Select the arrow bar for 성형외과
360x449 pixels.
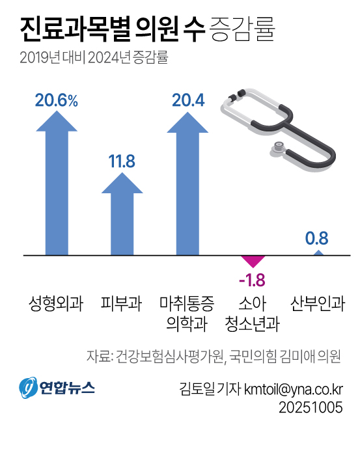pyautogui.click(x=57, y=189)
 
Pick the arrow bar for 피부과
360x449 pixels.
pyautogui.click(x=122, y=218)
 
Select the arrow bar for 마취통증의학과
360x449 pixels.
pyautogui.click(x=188, y=189)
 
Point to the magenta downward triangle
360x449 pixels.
pyautogui.click(x=253, y=262)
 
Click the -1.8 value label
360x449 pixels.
pyautogui.click(x=253, y=280)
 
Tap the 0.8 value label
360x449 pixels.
pyautogui.click(x=317, y=238)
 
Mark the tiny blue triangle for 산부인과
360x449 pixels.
pyautogui.click(x=317, y=253)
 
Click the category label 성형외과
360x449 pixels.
pyautogui.click(x=57, y=303)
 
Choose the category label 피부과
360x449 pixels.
pyautogui.click(x=122, y=303)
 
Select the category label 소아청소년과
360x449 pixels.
pyautogui.click(x=253, y=313)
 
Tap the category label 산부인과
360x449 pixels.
pyautogui.click(x=317, y=303)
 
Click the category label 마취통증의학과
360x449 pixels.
pyautogui.click(x=187, y=313)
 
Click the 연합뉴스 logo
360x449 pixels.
pyautogui.click(x=57, y=388)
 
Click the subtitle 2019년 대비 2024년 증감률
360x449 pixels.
pyautogui.click(x=94, y=58)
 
